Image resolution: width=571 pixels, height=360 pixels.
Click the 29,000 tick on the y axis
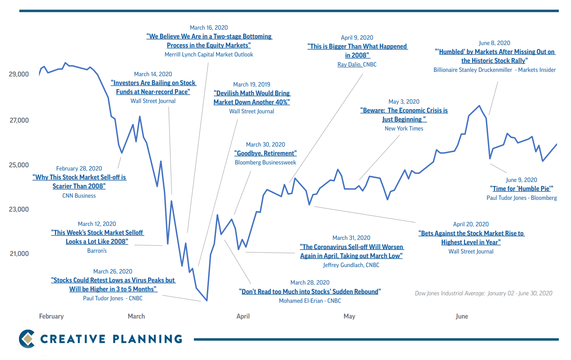19,74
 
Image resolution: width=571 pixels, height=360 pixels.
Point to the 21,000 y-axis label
19,254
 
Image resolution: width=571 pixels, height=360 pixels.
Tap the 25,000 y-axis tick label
19,165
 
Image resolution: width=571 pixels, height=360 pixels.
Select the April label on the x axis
243,316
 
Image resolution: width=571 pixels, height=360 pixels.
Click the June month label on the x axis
462,316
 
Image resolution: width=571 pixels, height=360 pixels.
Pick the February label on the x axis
51,316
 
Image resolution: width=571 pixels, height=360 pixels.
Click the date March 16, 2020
209,28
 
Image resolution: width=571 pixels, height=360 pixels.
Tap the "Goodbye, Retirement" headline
265,153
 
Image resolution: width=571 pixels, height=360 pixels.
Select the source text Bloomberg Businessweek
265,163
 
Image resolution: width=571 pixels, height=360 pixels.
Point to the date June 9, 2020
521,180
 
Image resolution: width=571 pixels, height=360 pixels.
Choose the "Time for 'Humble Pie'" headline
521,189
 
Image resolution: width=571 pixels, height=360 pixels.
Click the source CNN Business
79,196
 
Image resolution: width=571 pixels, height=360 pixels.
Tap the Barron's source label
97,251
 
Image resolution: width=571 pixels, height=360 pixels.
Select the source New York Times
404,129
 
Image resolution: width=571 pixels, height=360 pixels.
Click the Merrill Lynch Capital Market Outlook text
209,55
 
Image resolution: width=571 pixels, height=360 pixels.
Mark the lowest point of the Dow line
207,300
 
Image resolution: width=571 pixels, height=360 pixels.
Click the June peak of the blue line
479,106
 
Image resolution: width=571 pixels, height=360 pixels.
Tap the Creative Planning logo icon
27,339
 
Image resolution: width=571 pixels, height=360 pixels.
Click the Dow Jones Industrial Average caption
483,294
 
